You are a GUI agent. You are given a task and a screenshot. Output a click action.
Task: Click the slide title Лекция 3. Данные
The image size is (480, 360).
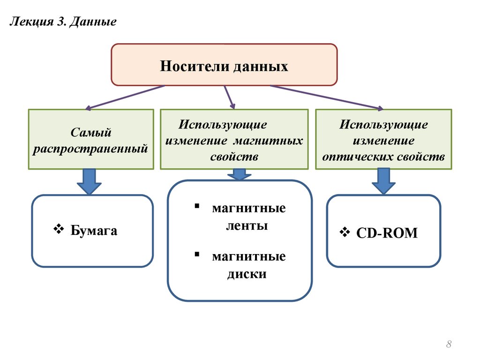[63, 22]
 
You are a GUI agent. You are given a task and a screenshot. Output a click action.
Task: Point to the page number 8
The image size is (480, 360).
[449, 344]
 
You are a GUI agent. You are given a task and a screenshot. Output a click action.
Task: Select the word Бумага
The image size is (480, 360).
[94, 230]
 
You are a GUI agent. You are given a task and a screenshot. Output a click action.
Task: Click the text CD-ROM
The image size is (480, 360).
[387, 232]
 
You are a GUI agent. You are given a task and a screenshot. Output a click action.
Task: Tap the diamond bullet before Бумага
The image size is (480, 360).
[59, 229]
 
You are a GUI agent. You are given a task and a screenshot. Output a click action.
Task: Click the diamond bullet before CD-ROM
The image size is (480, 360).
[345, 232]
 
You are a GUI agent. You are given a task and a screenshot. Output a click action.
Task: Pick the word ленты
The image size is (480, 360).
[247, 225]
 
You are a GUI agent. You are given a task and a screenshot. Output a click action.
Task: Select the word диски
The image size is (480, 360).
[247, 274]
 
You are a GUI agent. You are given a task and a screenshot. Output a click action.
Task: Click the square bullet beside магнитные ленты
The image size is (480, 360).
[197, 206]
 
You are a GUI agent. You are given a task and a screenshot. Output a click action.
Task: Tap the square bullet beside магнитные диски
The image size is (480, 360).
[197, 254]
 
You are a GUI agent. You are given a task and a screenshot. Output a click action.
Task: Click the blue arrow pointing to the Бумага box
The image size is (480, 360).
[89, 181]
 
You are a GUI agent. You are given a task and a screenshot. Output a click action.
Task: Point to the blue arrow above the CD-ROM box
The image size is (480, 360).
[383, 180]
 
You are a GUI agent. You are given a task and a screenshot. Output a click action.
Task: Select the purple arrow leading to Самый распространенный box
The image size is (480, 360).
[125, 97]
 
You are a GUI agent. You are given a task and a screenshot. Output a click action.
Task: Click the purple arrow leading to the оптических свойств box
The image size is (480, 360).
[326, 97]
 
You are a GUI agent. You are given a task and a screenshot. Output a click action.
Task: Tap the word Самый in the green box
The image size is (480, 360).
[90, 133]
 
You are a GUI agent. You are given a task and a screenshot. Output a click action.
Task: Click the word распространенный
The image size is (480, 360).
[90, 149]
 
